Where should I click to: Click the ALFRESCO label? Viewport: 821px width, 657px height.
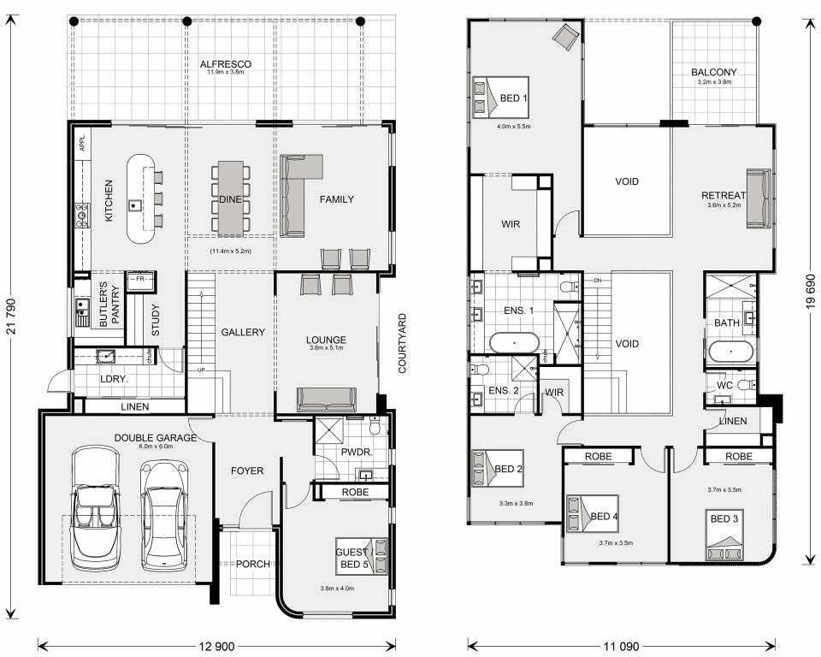(225, 64)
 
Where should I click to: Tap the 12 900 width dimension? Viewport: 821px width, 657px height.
(216, 646)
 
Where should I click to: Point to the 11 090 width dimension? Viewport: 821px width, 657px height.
(621, 646)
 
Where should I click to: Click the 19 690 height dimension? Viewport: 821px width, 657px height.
(811, 292)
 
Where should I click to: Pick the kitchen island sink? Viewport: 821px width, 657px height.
(134, 204)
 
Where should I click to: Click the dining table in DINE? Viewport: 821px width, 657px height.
(230, 198)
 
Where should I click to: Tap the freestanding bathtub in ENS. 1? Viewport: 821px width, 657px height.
(514, 343)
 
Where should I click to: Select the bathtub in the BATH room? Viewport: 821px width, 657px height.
(731, 352)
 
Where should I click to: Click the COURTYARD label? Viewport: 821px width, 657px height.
(402, 343)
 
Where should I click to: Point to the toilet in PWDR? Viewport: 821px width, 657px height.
(375, 426)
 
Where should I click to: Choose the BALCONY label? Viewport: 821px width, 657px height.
(713, 72)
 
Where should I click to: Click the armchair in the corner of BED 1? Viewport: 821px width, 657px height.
(565, 37)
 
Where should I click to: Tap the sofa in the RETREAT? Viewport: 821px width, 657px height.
(759, 198)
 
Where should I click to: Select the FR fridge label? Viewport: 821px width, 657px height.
(139, 279)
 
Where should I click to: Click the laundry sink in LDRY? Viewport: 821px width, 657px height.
(106, 356)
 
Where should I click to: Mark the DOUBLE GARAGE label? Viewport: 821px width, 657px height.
(156, 437)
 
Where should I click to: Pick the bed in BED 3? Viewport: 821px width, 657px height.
(724, 536)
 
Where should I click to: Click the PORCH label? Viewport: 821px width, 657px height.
(253, 564)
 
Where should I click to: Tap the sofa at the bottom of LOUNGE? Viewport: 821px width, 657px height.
(327, 400)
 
